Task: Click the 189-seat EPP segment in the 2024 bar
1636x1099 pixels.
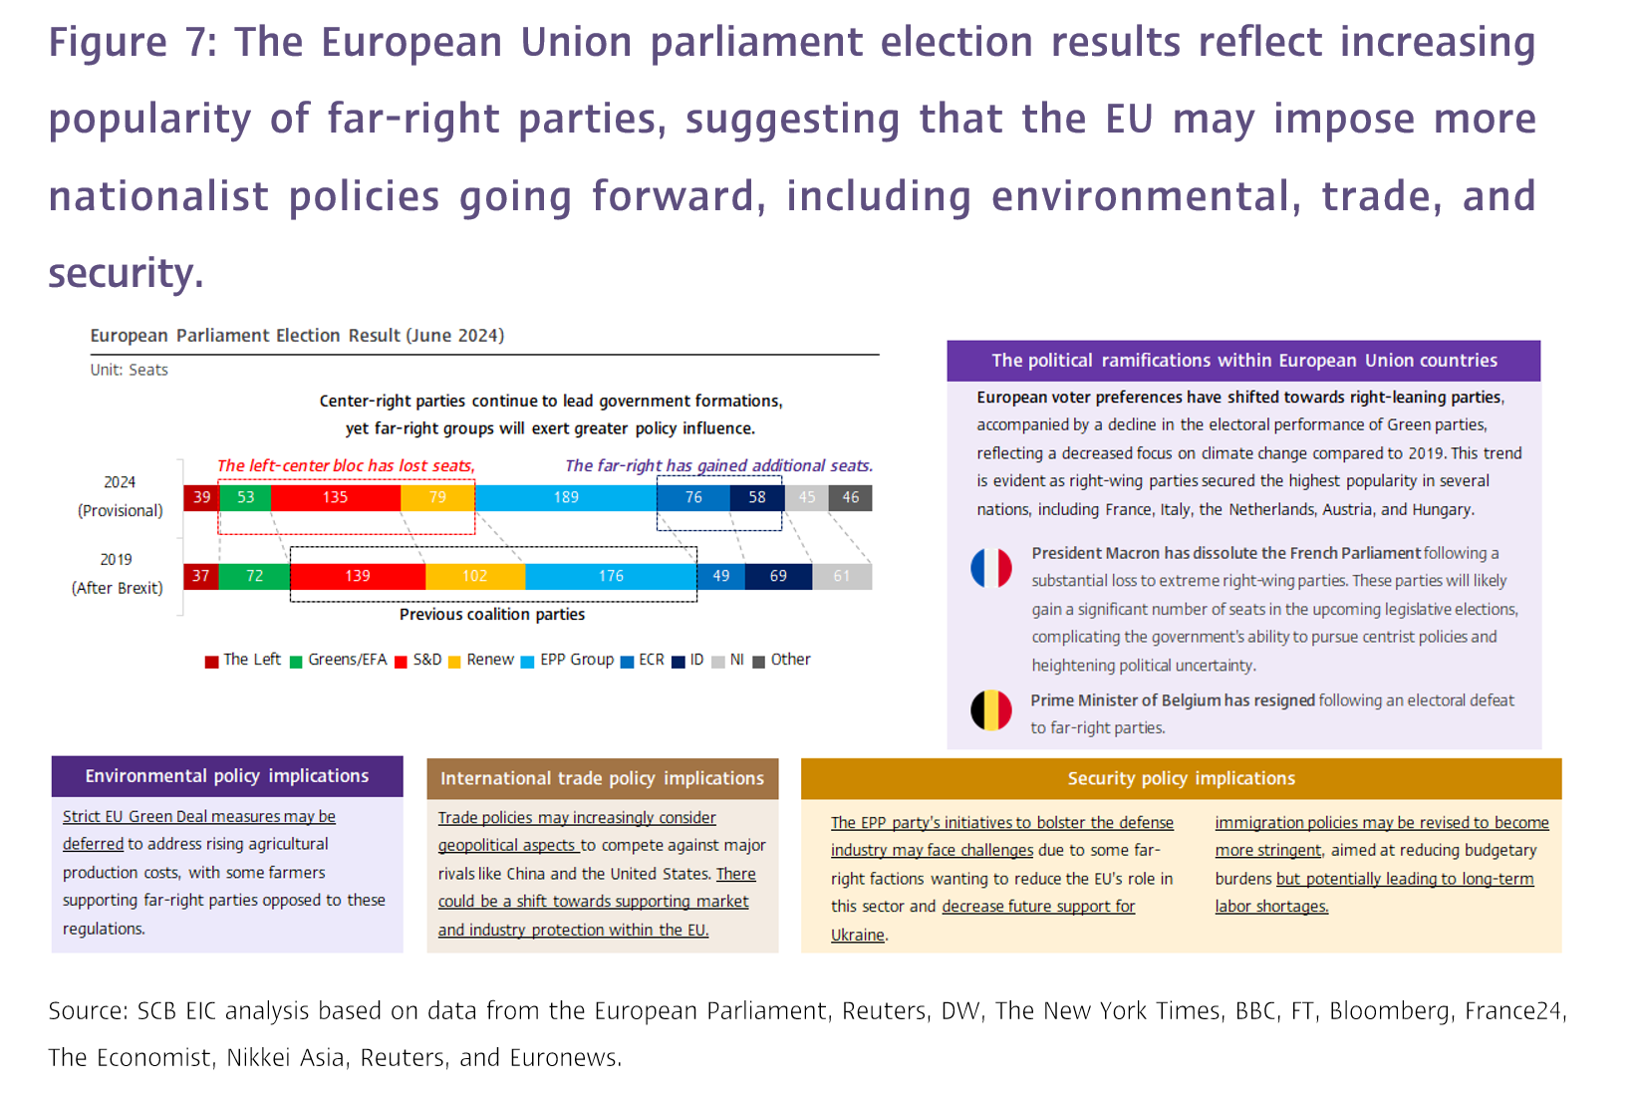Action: click(x=566, y=497)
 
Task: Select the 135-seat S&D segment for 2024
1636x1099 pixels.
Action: click(x=335, y=497)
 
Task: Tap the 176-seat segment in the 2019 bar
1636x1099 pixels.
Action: click(x=611, y=576)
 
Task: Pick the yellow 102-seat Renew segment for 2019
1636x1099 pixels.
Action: click(x=474, y=576)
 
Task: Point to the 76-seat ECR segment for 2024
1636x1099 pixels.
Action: click(x=693, y=497)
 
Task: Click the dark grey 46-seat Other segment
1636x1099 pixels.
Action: click(x=850, y=497)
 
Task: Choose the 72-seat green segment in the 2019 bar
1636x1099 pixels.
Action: click(x=254, y=576)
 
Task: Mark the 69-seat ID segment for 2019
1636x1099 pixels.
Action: click(x=778, y=576)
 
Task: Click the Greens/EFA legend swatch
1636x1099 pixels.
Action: click(x=296, y=662)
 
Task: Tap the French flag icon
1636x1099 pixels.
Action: click(x=991, y=568)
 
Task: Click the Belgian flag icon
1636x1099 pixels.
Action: click(x=991, y=710)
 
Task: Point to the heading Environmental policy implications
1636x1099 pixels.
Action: click(x=227, y=776)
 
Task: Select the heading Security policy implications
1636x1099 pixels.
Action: click(x=1181, y=778)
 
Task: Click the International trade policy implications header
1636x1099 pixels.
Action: click(x=602, y=778)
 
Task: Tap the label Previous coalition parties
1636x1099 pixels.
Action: click(x=492, y=615)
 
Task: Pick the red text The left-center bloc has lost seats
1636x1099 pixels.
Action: click(x=346, y=466)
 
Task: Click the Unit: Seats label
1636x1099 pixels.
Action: click(x=130, y=370)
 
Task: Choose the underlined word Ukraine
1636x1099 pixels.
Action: click(x=858, y=935)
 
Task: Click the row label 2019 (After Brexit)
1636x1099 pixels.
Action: click(x=117, y=574)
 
